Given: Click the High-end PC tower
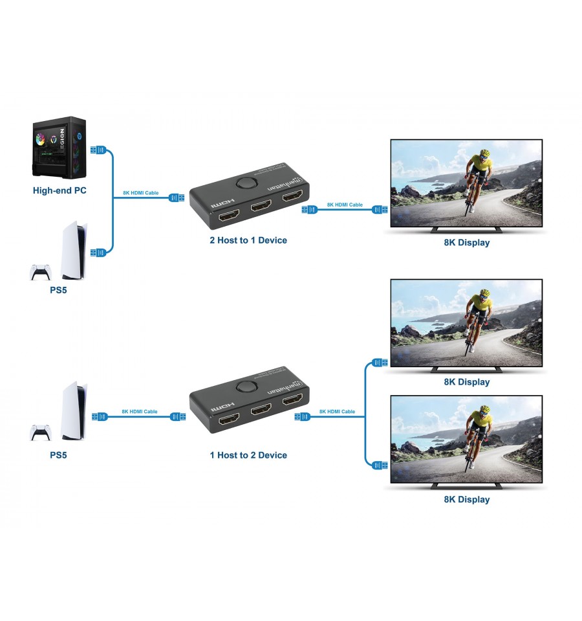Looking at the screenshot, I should tap(59, 147).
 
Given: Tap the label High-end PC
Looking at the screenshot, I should tap(59, 190).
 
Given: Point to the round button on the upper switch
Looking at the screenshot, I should tap(245, 183).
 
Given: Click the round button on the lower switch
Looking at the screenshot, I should tap(245, 387).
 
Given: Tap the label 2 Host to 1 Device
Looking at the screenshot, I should tap(248, 240).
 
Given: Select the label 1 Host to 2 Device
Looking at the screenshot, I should tap(248, 455).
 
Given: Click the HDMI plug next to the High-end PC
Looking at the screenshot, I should tap(97, 150).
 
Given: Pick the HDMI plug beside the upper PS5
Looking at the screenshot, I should tap(97, 253).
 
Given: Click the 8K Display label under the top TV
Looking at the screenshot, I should tap(466, 243).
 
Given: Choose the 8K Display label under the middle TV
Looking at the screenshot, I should tap(466, 382).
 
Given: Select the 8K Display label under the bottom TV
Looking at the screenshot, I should tap(466, 499).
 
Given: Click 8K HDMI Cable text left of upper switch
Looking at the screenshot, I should tap(140, 193).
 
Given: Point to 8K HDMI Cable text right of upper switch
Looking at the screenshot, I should tap(345, 205).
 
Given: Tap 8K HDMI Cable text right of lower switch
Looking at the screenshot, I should tap(337, 412).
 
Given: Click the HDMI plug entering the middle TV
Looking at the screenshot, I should tap(380, 363).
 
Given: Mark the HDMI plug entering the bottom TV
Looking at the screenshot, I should tap(380, 464).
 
